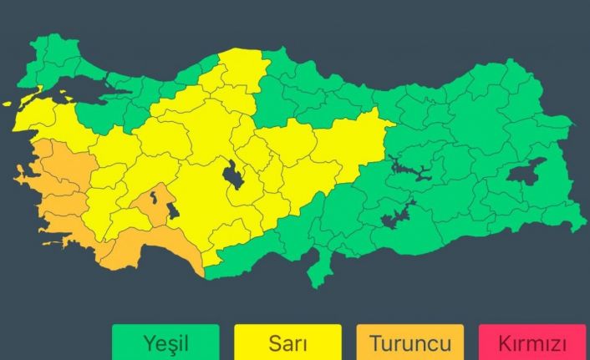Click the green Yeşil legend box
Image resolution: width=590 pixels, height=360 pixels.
[165, 342]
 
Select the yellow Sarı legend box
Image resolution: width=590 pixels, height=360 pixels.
[287, 342]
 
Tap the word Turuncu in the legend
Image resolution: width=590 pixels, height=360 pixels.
[410, 342]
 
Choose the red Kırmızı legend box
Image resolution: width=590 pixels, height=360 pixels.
[532, 342]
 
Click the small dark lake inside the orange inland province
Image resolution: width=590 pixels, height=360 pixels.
[154, 198]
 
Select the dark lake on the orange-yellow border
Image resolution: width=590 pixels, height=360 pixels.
[172, 210]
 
